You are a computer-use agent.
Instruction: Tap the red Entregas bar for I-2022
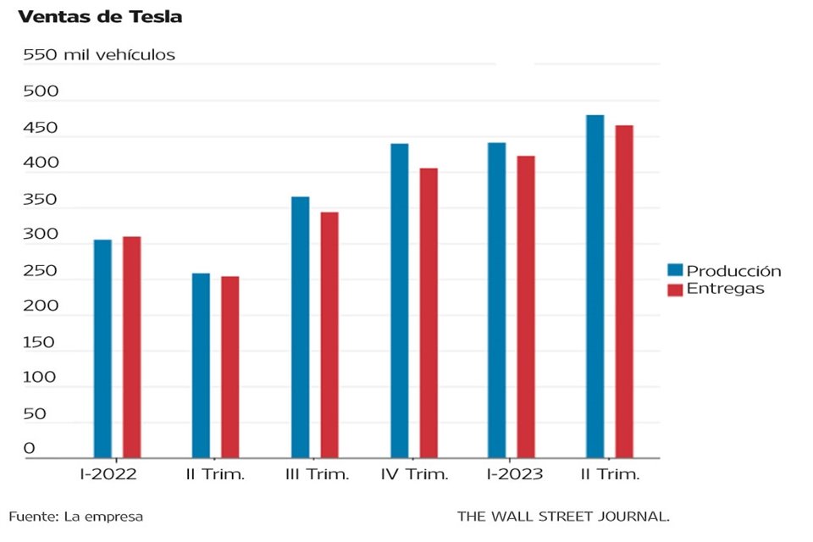(131, 347)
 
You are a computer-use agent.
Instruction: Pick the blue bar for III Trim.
(300, 327)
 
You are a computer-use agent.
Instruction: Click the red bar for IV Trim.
(429, 313)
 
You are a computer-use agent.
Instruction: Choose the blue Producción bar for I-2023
(496, 301)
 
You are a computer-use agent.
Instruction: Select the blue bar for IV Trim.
(399, 301)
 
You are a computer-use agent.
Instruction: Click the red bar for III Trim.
(329, 335)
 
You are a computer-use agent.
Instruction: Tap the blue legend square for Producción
(675, 271)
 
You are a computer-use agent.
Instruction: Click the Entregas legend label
(726, 289)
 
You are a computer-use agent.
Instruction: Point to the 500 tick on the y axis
(40, 91)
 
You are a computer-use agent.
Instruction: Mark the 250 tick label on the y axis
(40, 272)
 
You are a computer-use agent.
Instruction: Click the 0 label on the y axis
(29, 448)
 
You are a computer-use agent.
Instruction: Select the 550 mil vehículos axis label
(99, 55)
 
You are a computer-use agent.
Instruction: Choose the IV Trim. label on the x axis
(414, 474)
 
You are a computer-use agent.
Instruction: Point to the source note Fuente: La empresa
(76, 516)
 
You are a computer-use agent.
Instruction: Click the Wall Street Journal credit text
(563, 516)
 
